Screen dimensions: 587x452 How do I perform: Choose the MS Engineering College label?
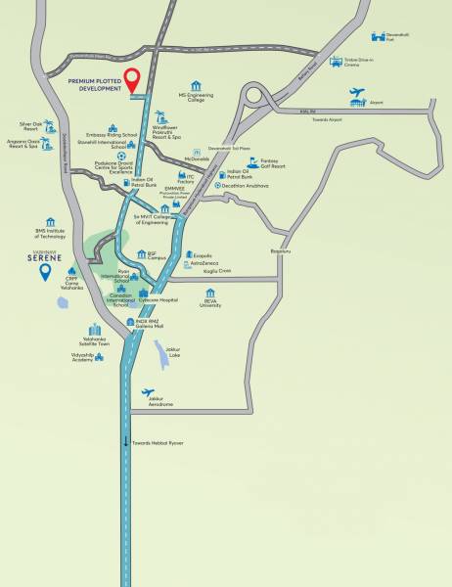coord(196,98)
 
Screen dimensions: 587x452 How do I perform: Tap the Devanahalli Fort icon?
coord(391,36)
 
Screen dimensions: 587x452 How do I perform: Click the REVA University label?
coord(210,303)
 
